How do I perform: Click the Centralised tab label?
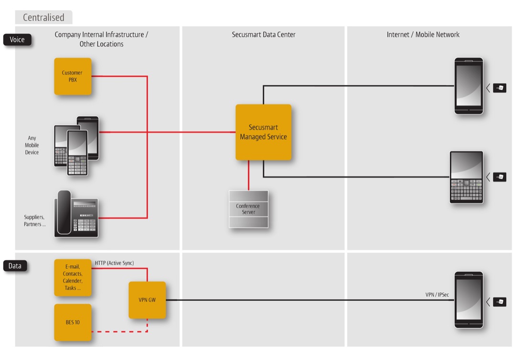pos(43,18)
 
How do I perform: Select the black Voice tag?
pos(17,40)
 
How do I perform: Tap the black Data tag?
pos(15,266)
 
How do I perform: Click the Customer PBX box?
pos(73,76)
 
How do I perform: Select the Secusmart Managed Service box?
pos(263,132)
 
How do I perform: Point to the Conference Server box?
pos(248,209)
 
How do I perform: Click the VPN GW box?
pos(147,300)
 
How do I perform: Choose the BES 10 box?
pos(73,322)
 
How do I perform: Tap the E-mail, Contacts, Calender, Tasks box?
pos(73,278)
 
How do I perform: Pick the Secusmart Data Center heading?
pos(264,34)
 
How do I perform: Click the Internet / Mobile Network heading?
pos(423,34)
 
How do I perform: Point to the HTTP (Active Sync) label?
pos(115,263)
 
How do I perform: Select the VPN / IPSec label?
pos(437,295)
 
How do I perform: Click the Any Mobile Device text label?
pos(32,145)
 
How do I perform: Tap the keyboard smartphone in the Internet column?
pos(466,178)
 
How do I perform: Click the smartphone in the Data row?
pos(468,300)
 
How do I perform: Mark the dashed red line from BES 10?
pos(119,331)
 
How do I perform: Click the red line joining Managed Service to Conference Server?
pos(248,175)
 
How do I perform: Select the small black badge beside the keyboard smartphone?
pos(500,177)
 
